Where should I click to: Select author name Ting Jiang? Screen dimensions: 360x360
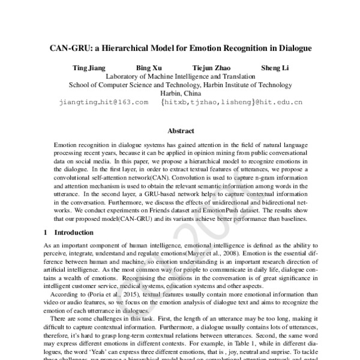(x=88, y=68)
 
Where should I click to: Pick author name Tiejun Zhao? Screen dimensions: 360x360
(x=212, y=68)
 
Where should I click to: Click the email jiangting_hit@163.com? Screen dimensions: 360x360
(x=103, y=103)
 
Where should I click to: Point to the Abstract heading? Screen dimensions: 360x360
(x=180, y=131)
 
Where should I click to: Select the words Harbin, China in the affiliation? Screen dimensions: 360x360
(x=180, y=94)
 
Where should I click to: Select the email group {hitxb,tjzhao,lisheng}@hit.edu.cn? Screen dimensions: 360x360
(x=232, y=103)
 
